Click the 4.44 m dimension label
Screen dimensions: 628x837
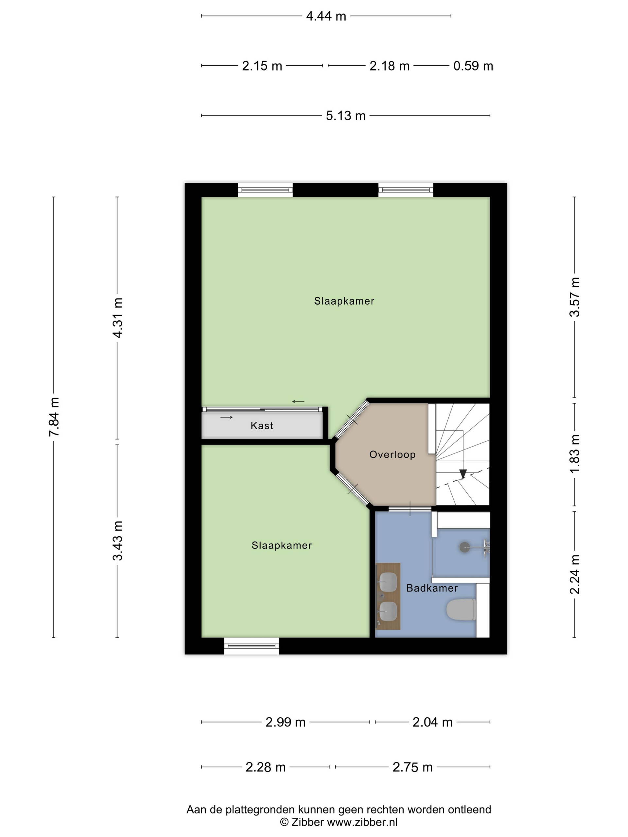click(x=326, y=16)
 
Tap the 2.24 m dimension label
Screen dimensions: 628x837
click(x=575, y=574)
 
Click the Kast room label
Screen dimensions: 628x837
click(x=262, y=426)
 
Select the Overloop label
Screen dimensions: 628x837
click(x=392, y=454)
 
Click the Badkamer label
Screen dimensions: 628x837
click(x=432, y=588)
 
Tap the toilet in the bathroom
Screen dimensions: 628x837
click(x=461, y=609)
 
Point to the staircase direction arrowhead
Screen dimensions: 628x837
click(x=462, y=474)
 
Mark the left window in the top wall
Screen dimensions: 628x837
click(x=265, y=190)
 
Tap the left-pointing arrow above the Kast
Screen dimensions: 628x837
click(x=298, y=401)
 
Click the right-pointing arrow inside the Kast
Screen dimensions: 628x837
click(x=226, y=418)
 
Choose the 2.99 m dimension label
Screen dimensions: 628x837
click(x=286, y=722)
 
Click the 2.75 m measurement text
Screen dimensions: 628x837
click(x=412, y=767)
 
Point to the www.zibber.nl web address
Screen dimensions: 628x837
click(x=362, y=822)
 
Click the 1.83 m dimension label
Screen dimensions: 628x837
click(x=575, y=454)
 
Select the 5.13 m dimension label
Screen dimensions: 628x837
click(x=346, y=115)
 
